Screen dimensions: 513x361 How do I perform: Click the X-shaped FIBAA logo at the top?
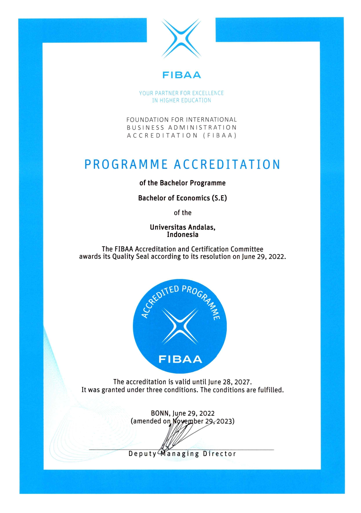181,38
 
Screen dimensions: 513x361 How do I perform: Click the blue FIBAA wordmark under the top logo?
181,75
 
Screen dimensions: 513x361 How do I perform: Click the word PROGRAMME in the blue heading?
126,164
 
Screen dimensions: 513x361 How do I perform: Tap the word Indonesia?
183,235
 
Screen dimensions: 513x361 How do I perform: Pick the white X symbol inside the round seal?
180,326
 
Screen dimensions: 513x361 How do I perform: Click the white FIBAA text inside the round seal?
180,359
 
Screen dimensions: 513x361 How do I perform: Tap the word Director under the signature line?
219,454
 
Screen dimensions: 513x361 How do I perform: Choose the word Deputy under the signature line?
142,454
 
